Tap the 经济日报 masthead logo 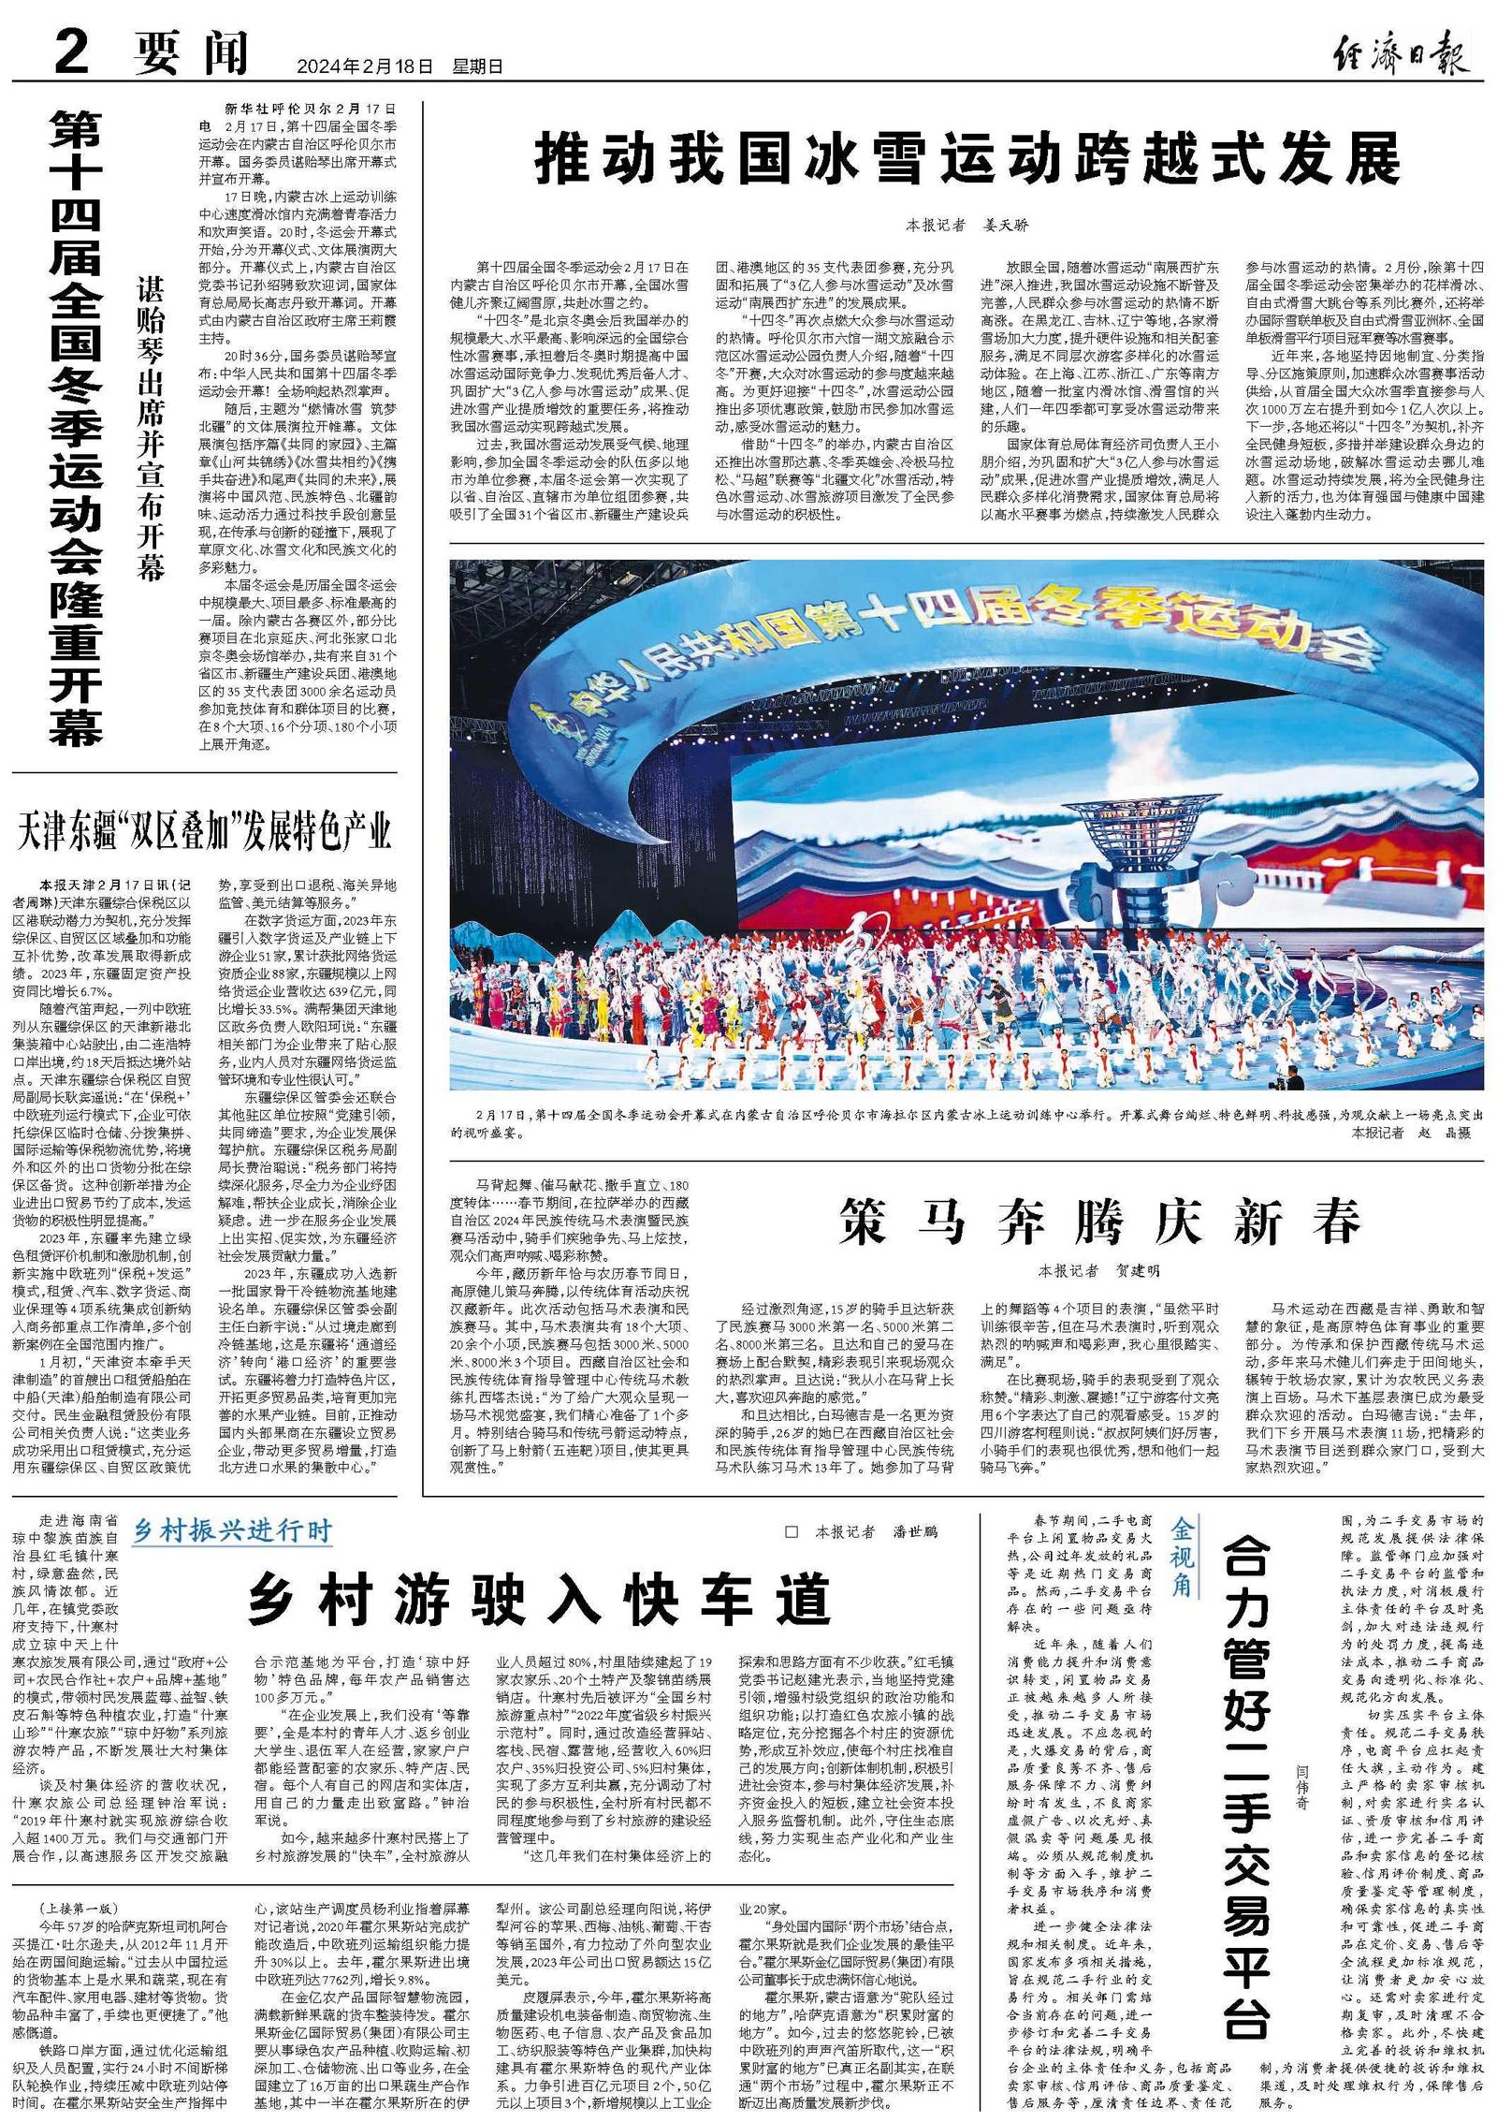[1401, 56]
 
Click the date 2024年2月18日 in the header [366, 66]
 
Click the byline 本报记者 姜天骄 [967, 226]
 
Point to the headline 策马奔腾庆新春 [1098, 1219]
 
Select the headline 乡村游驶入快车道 [540, 1600]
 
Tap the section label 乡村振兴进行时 [232, 1530]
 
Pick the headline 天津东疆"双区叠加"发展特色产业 [204, 829]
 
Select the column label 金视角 [1184, 1561]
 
